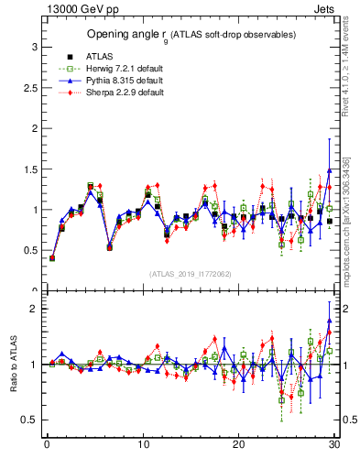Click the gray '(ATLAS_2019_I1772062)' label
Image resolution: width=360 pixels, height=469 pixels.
(x=191, y=273)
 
